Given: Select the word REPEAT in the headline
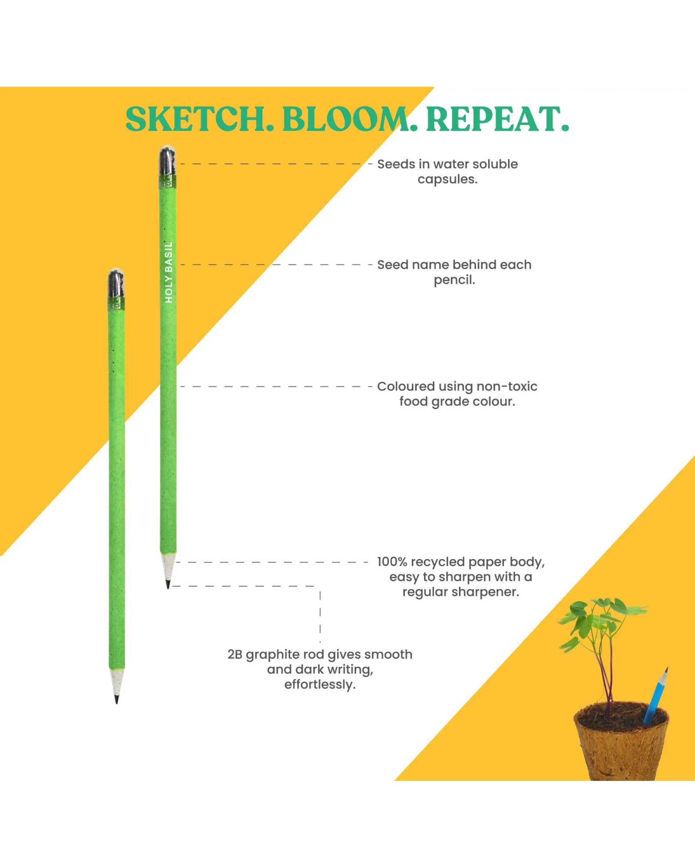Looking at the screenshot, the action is pyautogui.click(x=493, y=119).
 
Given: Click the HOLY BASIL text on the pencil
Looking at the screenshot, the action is pyautogui.click(x=169, y=272).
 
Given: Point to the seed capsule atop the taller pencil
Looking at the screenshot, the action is pyautogui.click(x=167, y=161).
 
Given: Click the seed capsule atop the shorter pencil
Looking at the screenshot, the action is pyautogui.click(x=116, y=283).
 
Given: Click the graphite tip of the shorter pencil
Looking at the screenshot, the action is pyautogui.click(x=116, y=699).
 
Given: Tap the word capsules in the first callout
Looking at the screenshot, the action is pyautogui.click(x=447, y=180).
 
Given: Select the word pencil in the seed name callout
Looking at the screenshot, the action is pyautogui.click(x=454, y=280).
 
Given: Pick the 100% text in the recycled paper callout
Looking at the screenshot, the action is pyautogui.click(x=392, y=562).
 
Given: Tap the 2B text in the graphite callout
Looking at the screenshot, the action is pyautogui.click(x=235, y=654).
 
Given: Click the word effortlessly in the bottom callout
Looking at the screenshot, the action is pyautogui.click(x=320, y=685).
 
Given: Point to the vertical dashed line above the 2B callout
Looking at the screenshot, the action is pyautogui.click(x=320, y=616).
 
